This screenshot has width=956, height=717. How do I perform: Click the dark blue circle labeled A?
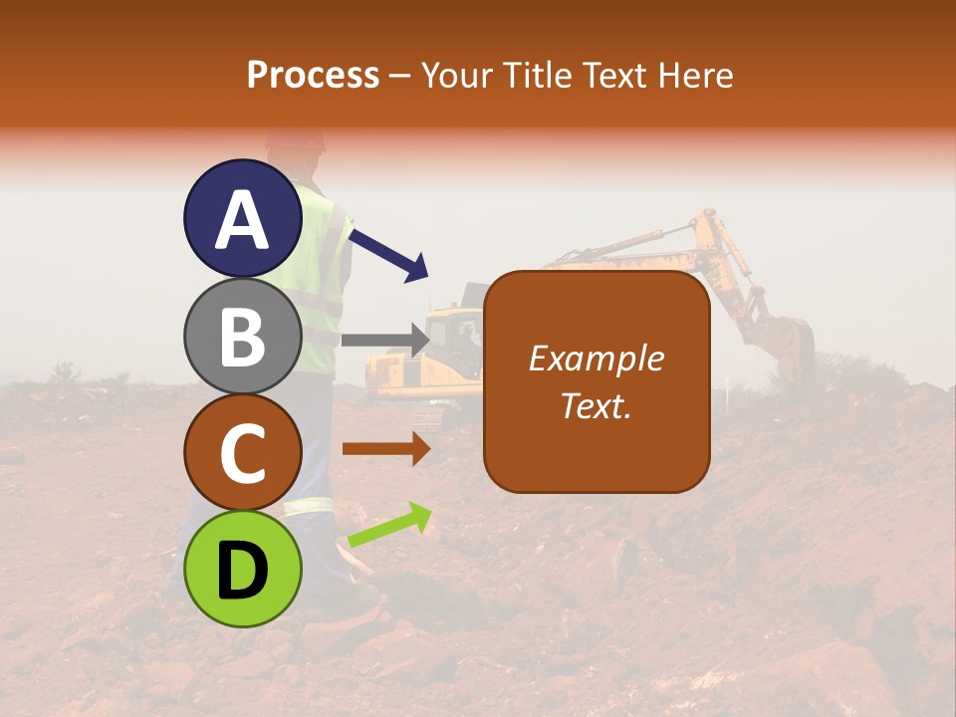coord(243,219)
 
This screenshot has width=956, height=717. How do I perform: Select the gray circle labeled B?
coord(243,336)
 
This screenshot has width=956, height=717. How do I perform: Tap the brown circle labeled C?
coord(243,452)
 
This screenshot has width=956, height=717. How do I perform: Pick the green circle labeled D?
coord(243,569)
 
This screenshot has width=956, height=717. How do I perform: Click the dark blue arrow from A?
coord(389,254)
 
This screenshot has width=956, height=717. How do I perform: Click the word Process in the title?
coord(313,76)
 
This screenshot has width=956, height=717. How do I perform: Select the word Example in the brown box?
coord(596,358)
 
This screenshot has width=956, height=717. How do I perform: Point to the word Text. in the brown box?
coord(596,405)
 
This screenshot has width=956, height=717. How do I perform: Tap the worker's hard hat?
coord(296,139)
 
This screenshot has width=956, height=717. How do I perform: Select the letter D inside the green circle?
coord(243,571)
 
